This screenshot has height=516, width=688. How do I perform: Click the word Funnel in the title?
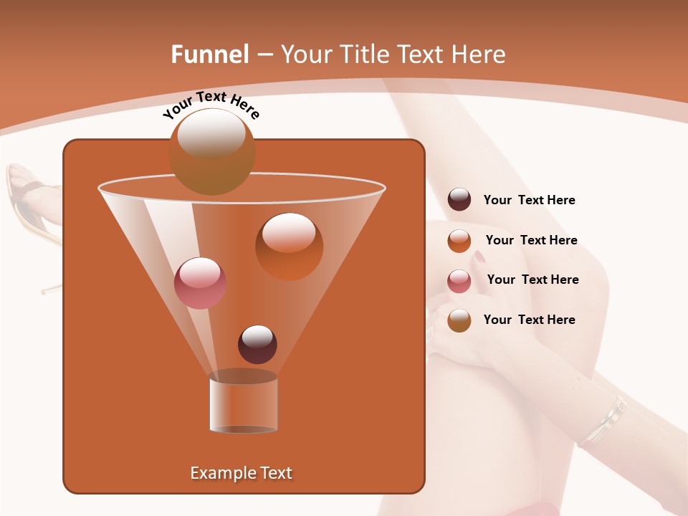click(210, 54)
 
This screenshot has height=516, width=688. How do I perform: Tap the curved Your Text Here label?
click(211, 105)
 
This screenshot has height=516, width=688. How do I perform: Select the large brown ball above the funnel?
click(212, 151)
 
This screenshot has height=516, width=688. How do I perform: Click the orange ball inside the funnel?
click(289, 247)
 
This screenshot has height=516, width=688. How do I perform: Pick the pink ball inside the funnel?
click(200, 282)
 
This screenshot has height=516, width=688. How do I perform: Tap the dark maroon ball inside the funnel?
click(257, 344)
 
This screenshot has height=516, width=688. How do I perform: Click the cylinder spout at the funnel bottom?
click(244, 403)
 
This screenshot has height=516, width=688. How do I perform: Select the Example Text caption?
click(241, 473)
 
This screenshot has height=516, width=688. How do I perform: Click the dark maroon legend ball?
click(459, 200)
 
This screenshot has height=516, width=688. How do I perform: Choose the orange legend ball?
click(459, 241)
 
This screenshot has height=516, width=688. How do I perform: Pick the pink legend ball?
click(459, 281)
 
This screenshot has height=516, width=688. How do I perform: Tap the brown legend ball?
click(459, 320)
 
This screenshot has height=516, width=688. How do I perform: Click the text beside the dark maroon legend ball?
click(529, 201)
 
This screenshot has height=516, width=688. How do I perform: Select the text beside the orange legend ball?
click(531, 240)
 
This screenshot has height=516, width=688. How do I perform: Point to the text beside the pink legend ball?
click(532, 279)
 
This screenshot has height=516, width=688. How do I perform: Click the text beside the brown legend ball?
click(529, 320)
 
